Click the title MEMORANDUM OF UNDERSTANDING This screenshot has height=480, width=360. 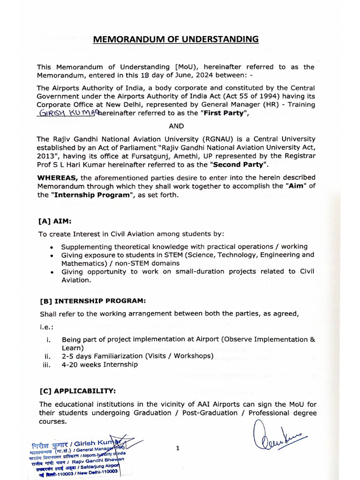[x=176, y=39]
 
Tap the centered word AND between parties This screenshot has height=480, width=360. [x=176, y=126]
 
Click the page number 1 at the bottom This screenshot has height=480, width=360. [x=178, y=448]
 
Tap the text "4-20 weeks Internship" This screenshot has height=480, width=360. [x=100, y=364]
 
